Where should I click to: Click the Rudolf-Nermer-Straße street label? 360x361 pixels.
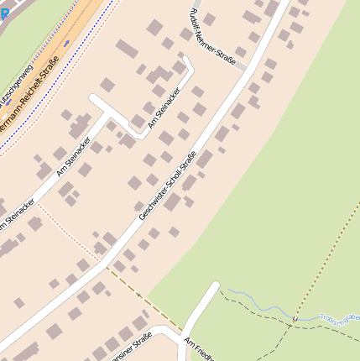tap(213, 38)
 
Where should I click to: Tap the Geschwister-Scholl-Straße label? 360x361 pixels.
tap(167, 186)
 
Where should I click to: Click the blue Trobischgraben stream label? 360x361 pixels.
tap(339, 317)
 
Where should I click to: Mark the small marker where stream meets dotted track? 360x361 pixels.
tap(295, 319)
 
